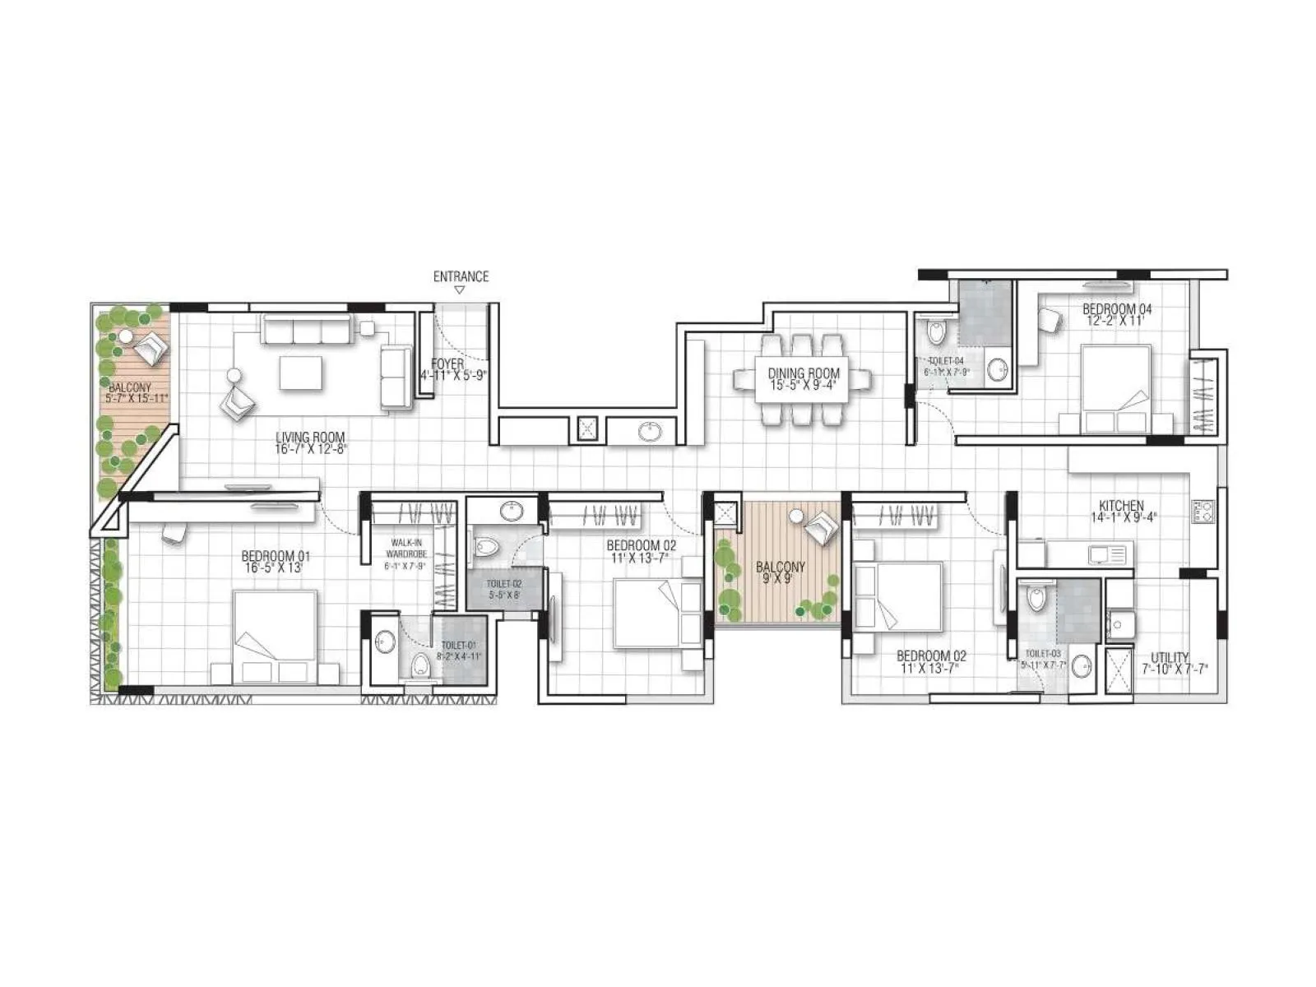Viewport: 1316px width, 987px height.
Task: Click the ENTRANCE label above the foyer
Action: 461,276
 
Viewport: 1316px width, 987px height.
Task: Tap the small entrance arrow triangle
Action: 461,290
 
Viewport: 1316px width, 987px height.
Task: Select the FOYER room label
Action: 447,364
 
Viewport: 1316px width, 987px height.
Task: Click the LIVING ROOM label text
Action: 310,438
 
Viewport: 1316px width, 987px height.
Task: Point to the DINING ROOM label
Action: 804,373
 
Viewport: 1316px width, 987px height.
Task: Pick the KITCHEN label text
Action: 1121,505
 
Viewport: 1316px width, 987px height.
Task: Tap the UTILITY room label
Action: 1170,657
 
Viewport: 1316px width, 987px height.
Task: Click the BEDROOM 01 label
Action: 276,556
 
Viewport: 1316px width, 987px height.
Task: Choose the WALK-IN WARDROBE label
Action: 406,549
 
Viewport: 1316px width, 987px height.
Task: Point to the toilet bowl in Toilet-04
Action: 937,332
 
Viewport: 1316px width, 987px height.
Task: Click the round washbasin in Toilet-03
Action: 1082,666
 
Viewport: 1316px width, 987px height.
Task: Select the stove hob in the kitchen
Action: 1202,512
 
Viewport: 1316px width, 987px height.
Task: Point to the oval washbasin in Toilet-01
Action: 385,642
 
